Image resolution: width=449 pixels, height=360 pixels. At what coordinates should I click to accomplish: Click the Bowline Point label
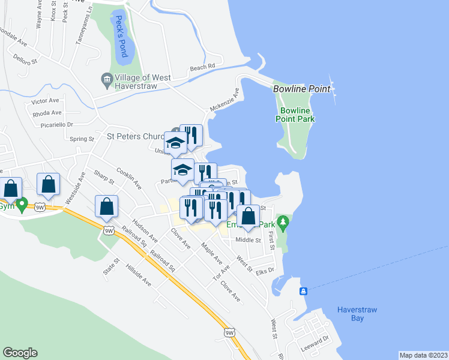(x=301, y=89)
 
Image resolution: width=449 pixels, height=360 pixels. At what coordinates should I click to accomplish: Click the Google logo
(x=20, y=353)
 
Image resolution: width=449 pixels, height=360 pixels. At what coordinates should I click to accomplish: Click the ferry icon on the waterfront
(x=304, y=292)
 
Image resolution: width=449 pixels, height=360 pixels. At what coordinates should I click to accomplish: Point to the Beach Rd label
(x=202, y=67)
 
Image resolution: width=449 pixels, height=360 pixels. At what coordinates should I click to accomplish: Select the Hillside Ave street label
(x=139, y=273)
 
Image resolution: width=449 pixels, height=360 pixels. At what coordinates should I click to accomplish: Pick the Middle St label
(x=249, y=240)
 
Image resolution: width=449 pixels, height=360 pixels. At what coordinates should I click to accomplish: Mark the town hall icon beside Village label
(x=107, y=79)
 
